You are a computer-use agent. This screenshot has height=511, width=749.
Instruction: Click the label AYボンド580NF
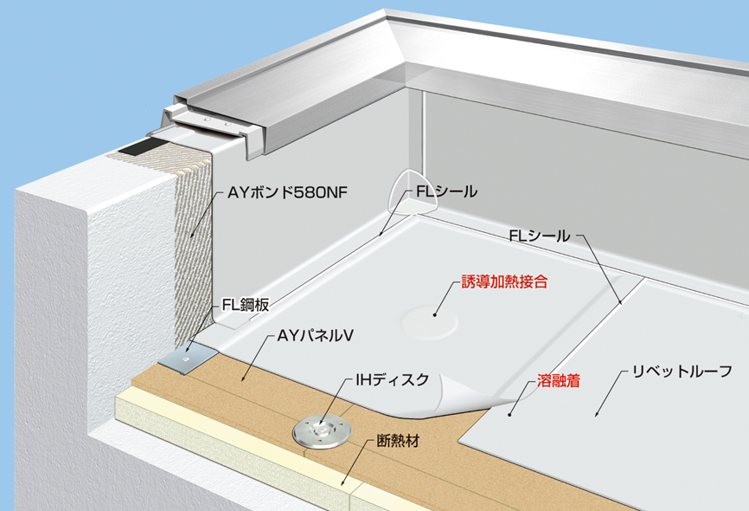[287, 193]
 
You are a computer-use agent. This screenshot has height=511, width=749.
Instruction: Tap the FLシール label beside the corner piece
[446, 192]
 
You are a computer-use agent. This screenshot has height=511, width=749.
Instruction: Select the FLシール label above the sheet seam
[540, 236]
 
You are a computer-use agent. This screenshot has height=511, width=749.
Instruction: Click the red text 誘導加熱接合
[504, 281]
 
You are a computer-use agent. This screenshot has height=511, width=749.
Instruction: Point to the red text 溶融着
[559, 381]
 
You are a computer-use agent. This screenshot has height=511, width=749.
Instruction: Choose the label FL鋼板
[246, 305]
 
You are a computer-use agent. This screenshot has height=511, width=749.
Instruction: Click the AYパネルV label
[316, 336]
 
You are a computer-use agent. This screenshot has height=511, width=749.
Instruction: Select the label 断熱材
[398, 440]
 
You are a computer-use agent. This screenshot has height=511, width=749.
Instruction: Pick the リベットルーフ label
[682, 372]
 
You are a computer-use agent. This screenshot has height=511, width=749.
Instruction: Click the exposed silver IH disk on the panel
[322, 432]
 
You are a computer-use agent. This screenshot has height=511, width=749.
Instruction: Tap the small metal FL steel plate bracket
[188, 359]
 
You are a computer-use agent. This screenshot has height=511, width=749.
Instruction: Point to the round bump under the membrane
[430, 322]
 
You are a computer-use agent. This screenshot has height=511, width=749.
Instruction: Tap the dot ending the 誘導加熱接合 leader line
[435, 314]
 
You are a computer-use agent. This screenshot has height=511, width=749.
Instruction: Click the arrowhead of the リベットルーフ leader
[597, 413]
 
